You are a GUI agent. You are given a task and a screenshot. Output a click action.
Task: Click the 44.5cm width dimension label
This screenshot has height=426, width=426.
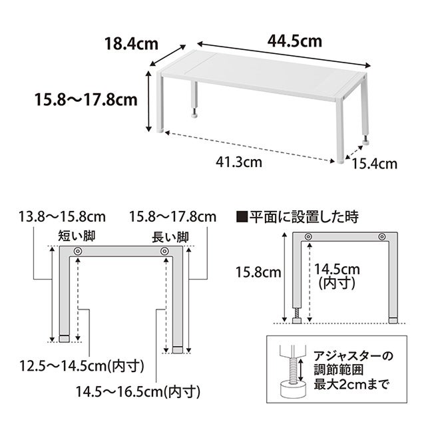[x=294, y=41]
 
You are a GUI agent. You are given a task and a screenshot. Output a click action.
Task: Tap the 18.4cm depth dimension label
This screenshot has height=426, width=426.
[x=132, y=44]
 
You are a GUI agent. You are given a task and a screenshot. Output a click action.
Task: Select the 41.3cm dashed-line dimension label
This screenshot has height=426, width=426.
[x=239, y=162]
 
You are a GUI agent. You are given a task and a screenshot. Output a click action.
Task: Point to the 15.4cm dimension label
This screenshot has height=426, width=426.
[x=374, y=164]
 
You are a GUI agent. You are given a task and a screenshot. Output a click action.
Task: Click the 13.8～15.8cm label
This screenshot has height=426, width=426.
[x=62, y=217]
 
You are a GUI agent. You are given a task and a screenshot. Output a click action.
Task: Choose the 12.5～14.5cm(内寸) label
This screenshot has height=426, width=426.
[x=82, y=365]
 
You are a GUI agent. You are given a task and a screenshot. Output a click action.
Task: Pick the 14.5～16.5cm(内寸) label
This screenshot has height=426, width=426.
[x=138, y=391]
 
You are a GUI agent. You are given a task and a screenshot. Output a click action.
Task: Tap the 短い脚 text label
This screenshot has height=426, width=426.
[x=77, y=236]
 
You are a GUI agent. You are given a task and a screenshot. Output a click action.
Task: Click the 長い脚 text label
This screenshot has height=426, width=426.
[x=170, y=237]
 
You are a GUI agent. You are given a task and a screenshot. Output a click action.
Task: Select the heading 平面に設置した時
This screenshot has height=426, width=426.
[x=304, y=217]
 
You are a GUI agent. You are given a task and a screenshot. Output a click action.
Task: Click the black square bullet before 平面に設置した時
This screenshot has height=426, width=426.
[x=242, y=218]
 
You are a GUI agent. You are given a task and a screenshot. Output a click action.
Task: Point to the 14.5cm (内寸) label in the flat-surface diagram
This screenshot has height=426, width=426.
[x=337, y=276]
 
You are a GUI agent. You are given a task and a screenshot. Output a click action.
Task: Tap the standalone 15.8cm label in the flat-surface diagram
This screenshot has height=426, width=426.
[x=258, y=272]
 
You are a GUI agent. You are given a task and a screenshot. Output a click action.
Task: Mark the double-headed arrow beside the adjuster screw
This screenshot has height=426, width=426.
[x=301, y=370]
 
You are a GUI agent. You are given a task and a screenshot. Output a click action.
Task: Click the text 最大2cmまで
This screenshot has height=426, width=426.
[x=351, y=385]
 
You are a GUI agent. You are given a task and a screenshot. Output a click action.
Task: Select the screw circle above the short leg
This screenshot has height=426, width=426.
[x=78, y=251]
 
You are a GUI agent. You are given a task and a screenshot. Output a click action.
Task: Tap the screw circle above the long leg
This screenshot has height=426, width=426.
[x=164, y=251]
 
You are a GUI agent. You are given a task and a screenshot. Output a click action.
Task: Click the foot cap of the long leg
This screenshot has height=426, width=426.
[x=178, y=350]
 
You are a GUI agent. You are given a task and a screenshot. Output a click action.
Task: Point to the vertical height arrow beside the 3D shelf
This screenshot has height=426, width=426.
[x=148, y=101]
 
